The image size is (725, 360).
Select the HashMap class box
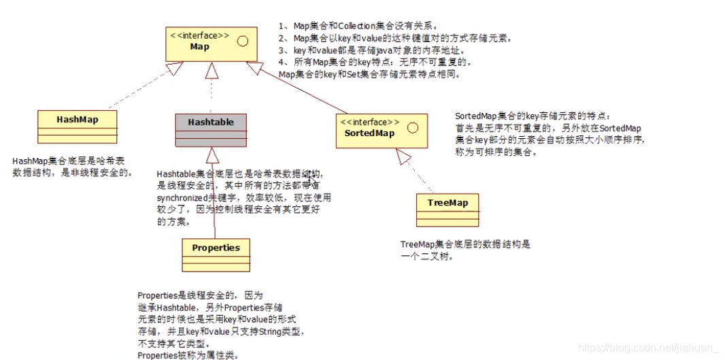point(77,127)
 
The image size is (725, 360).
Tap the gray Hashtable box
point(211,129)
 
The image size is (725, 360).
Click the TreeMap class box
point(447,210)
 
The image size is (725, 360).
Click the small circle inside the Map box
point(242,40)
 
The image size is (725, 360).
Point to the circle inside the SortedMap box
point(411,127)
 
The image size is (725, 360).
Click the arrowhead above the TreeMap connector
point(404,158)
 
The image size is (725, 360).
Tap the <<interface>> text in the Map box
point(200,35)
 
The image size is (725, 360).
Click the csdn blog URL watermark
point(643,348)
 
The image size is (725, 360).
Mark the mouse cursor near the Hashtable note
point(311,180)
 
